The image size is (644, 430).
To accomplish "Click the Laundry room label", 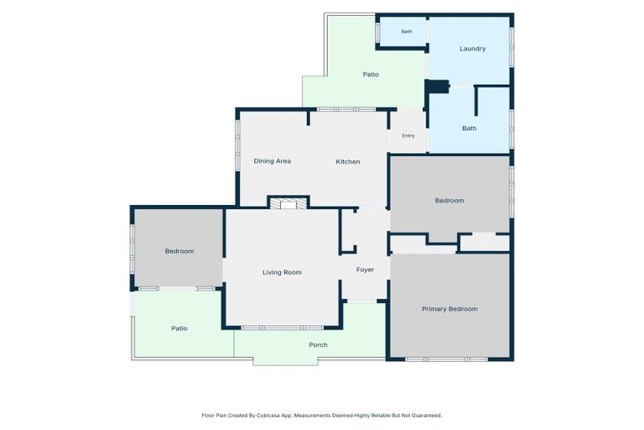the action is click(x=472, y=49).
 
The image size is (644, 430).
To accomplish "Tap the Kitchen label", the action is click(x=348, y=162).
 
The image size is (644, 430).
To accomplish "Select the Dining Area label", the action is click(x=273, y=161).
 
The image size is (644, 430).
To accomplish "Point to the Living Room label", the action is click(x=282, y=272).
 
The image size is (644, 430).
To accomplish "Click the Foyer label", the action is click(x=365, y=270).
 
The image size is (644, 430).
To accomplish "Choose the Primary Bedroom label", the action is click(x=449, y=309).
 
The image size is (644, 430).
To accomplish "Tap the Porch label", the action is click(x=319, y=345).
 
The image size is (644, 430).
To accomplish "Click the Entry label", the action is click(x=408, y=136).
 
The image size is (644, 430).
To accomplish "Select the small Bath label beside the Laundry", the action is click(x=407, y=32).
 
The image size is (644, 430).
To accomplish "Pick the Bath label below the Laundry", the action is click(x=470, y=128).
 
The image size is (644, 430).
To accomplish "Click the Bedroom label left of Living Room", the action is click(x=179, y=251).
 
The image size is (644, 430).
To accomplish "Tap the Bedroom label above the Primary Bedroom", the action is click(x=449, y=201).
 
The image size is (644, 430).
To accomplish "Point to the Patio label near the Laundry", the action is click(x=371, y=75).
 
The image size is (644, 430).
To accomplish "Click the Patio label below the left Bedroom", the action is click(x=179, y=328).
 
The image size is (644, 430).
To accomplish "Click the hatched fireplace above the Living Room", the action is click(x=288, y=204).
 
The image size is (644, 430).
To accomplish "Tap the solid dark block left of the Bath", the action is click(x=438, y=87).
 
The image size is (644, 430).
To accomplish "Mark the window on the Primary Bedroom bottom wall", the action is click(x=446, y=359).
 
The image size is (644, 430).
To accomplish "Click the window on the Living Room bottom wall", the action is click(x=282, y=328).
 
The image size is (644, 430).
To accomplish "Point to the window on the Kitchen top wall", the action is click(x=346, y=109).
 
